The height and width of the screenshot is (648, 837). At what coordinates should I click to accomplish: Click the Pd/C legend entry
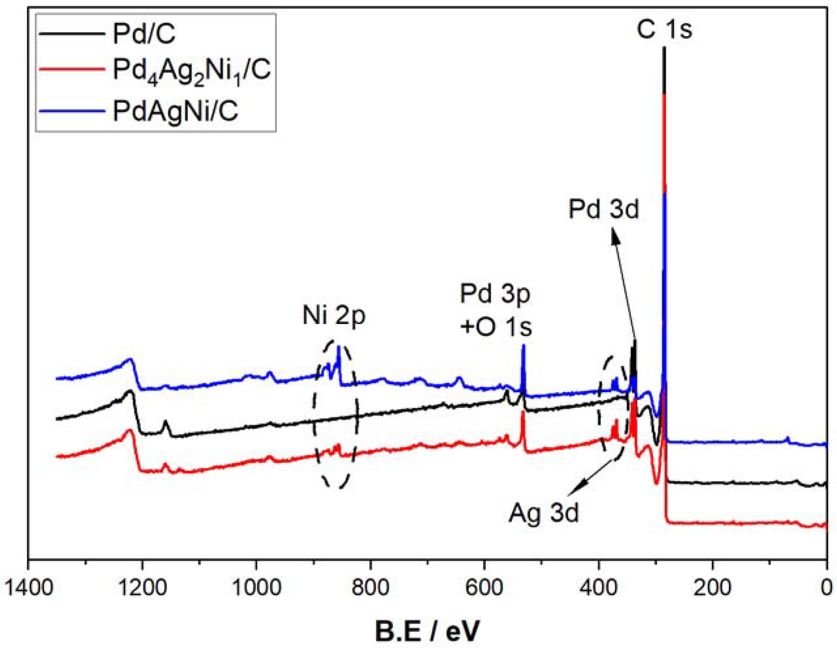144,34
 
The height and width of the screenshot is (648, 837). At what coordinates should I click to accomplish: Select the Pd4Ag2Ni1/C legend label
192,72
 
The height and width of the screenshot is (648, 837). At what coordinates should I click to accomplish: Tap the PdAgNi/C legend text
176,111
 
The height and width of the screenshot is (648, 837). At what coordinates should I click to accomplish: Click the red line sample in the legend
72,71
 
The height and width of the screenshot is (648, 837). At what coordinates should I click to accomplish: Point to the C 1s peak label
664,30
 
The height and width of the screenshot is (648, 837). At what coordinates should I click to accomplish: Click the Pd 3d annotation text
604,210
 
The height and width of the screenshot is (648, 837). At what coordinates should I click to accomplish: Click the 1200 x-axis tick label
142,588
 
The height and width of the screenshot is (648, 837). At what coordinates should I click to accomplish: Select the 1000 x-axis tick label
256,588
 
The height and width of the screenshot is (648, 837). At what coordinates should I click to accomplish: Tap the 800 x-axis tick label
370,588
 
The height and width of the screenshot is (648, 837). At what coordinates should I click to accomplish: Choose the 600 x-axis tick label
484,588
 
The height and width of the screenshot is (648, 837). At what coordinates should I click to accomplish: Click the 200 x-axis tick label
712,588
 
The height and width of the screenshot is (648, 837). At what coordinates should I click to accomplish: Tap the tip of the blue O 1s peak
524,345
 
